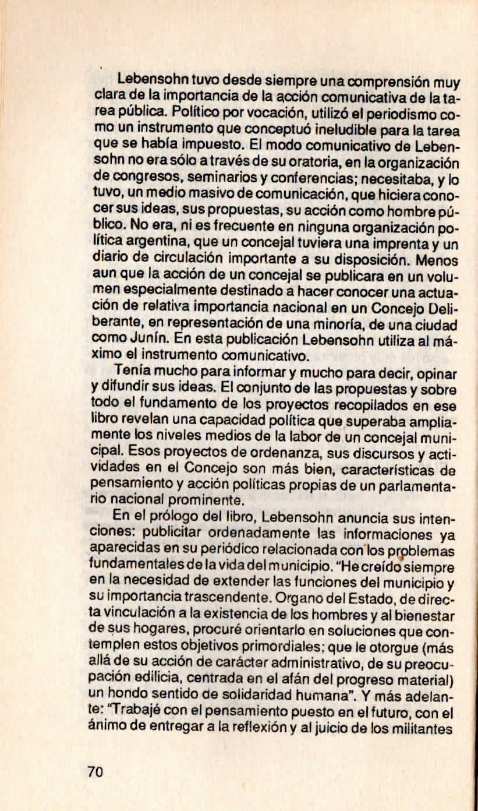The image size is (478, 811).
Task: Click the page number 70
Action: coord(95,772)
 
